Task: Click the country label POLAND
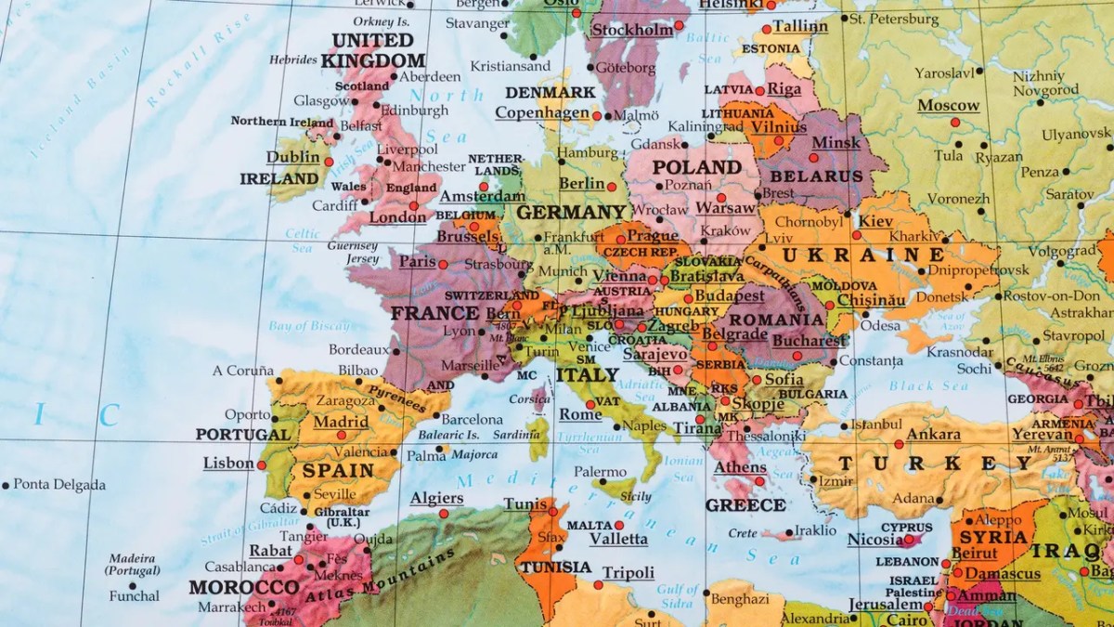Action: click(696, 167)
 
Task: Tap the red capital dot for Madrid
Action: click(342, 435)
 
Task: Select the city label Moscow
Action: click(948, 106)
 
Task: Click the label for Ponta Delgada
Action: click(59, 485)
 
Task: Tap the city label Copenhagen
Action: click(542, 112)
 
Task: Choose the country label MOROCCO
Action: click(244, 587)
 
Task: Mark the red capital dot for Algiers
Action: click(444, 514)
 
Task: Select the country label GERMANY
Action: click(573, 213)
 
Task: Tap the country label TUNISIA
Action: click(555, 568)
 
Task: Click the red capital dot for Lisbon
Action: click(263, 464)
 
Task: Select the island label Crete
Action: click(743, 533)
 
